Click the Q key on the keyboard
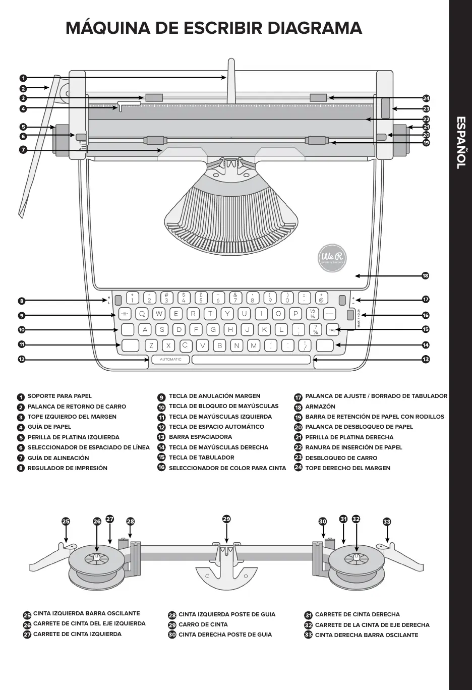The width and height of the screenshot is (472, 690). [x=142, y=314]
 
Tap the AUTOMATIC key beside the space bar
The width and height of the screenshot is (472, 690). [x=170, y=360]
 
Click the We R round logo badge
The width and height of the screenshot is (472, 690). [x=332, y=257]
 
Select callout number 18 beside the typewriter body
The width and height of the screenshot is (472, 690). [x=426, y=276]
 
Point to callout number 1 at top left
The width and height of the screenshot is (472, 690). [x=23, y=78]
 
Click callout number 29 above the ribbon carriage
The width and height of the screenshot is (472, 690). [x=226, y=519]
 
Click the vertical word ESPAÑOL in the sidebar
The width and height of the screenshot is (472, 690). [x=461, y=143]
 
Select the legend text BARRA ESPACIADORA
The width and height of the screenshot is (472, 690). [x=200, y=437]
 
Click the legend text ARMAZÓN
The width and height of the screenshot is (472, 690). [x=320, y=407]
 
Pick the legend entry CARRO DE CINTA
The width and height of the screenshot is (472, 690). [x=203, y=624]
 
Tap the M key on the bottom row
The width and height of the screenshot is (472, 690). [x=254, y=346]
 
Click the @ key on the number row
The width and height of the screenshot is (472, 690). [x=321, y=298]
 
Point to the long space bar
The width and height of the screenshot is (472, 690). [x=251, y=360]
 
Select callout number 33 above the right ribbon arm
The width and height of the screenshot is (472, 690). [x=387, y=522]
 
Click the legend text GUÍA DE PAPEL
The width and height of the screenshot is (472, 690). [x=49, y=427]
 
